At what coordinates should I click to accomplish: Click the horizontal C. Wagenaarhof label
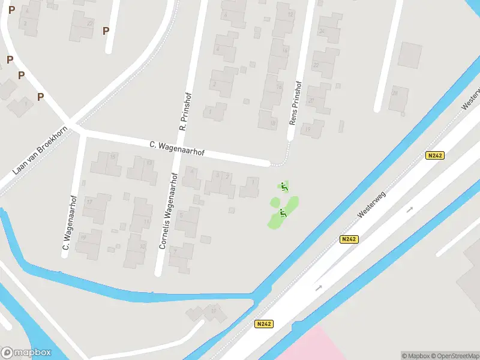176,149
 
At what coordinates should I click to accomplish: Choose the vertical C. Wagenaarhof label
68,222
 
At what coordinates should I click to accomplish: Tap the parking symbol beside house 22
106,31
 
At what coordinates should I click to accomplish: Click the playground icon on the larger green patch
283,212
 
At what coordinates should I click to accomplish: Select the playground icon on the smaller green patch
284,187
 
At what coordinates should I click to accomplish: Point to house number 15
113,157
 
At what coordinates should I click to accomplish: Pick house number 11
146,222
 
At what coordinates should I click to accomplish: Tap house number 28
395,93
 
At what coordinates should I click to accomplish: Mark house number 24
322,31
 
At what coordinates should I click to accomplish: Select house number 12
290,14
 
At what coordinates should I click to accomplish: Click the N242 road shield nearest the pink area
263,324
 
